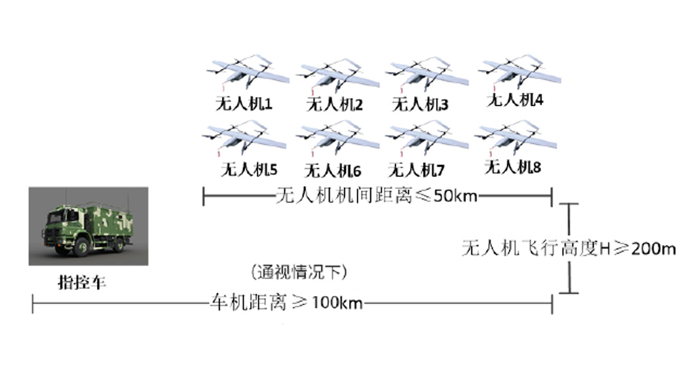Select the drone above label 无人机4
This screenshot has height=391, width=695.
[519, 71]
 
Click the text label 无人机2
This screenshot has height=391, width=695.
[335, 105]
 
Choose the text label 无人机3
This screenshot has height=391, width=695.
[420, 105]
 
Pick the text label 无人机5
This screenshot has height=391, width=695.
[249, 170]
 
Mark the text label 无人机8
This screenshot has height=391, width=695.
[513, 167]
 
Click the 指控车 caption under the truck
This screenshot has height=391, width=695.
[82, 282]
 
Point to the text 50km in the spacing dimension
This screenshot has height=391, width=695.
[455, 195]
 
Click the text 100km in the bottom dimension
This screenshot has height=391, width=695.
[337, 303]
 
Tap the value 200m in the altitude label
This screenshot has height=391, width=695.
[653, 249]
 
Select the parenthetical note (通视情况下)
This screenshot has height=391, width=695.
[299, 272]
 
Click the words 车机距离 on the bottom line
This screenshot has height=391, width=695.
[248, 303]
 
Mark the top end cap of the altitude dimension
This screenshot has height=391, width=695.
[569, 204]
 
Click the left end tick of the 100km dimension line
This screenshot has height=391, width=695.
[33, 304]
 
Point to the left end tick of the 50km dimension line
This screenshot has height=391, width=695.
[204, 196]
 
